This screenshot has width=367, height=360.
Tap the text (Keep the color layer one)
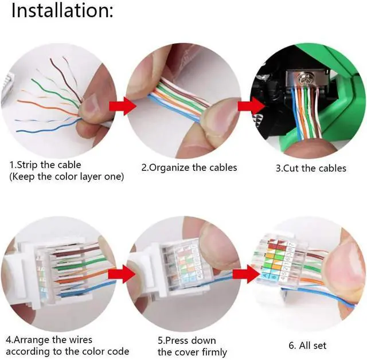pos(67,177)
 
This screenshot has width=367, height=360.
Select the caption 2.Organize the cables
pos(189,168)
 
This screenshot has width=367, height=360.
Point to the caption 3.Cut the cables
pos(311,168)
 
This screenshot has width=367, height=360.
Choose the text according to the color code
pos(67,351)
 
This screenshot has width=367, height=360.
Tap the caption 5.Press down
pos(187,340)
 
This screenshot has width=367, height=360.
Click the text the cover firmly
pos(192,352)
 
